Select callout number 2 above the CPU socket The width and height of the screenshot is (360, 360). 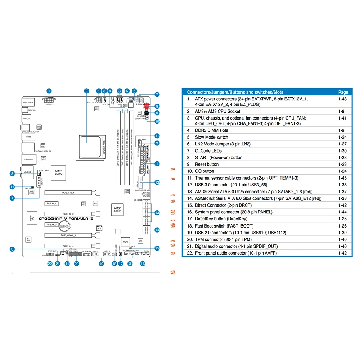(x=86, y=91)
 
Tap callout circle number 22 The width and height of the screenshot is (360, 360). (x=50, y=264)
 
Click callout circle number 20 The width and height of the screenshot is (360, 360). (x=76, y=264)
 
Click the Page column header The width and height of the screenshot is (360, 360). (x=343, y=92)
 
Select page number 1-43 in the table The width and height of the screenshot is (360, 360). (x=342, y=99)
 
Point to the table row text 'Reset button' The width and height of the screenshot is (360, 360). (x=207, y=164)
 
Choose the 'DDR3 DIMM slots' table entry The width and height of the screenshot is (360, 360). (x=211, y=130)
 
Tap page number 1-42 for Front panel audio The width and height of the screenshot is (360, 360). (x=342, y=253)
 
